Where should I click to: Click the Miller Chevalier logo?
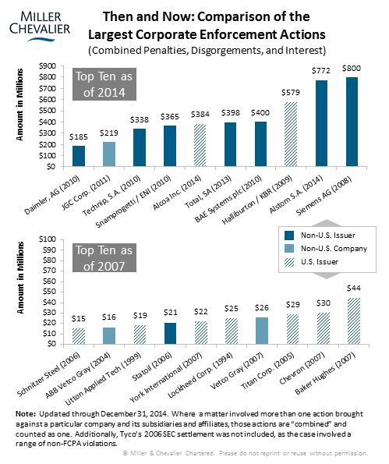coord(40,26)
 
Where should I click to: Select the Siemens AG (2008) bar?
coord(352,122)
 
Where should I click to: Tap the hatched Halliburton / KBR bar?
coord(291,134)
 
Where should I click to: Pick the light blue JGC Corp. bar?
coord(109,154)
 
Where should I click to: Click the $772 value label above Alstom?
coord(321,71)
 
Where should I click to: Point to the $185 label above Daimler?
coord(79,137)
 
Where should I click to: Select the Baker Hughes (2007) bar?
coord(354,321)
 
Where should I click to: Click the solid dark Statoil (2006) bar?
coord(170,334)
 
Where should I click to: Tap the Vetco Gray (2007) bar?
coord(262,331)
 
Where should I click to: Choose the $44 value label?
coord(354,289)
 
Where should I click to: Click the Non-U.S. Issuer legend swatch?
coord(289,236)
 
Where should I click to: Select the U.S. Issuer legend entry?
coord(311,262)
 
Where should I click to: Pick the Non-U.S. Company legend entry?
coord(326,249)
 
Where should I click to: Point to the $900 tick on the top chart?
coord(48,66)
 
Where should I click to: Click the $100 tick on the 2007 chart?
coord(48,239)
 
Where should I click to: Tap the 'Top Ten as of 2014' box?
coord(104,84)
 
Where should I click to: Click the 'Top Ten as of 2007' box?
coord(104,258)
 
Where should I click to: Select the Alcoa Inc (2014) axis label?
coord(177,193)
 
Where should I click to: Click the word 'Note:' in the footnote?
coord(26,413)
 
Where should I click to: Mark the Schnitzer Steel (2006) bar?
coord(79,336)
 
